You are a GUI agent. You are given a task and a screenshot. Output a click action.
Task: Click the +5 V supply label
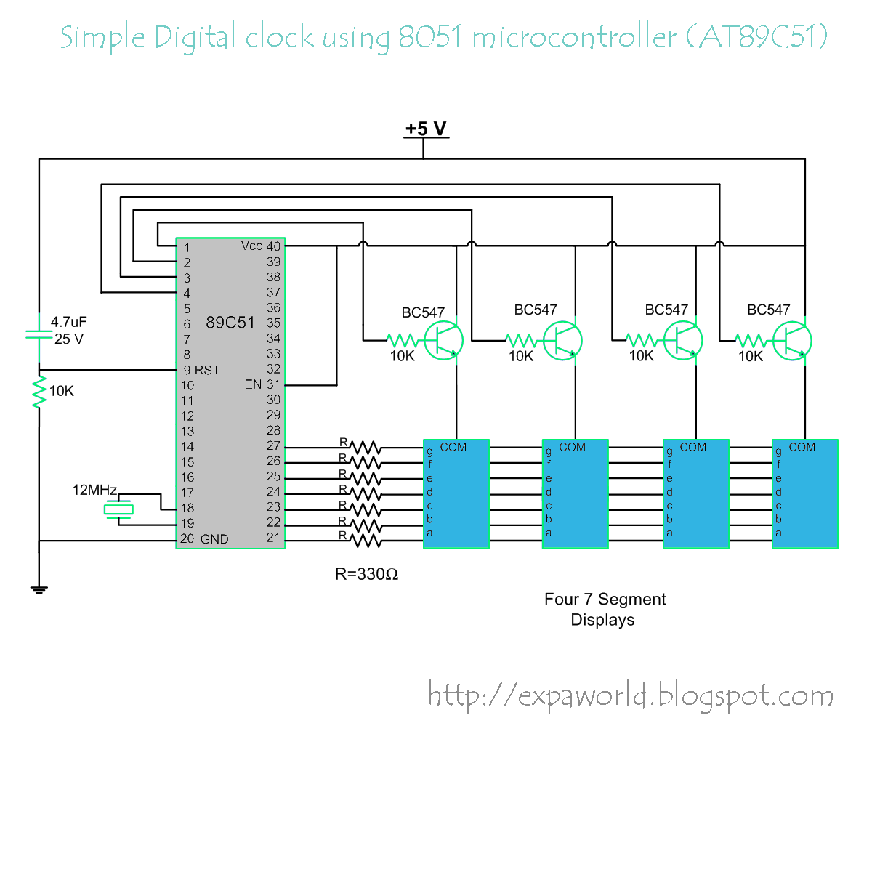pyautogui.click(x=426, y=129)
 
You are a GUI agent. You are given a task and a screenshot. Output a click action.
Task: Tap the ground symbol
pyautogui.click(x=39, y=589)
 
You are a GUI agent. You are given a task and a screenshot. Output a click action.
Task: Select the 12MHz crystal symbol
pyautogui.click(x=118, y=509)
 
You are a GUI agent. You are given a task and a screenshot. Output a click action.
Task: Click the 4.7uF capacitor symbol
pyautogui.click(x=39, y=334)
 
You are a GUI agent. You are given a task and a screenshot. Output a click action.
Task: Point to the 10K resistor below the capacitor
pyautogui.click(x=39, y=392)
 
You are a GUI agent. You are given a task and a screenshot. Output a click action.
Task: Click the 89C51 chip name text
pyautogui.click(x=230, y=322)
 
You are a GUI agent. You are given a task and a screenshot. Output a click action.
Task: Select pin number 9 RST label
pyautogui.click(x=201, y=370)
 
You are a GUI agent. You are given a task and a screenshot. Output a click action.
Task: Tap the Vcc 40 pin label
pyautogui.click(x=261, y=246)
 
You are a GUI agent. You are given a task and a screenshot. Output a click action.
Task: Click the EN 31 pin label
pyautogui.click(x=262, y=384)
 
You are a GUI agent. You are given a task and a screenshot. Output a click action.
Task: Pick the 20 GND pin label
pyautogui.click(x=204, y=538)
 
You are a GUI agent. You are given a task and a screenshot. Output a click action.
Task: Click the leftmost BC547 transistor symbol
pyautogui.click(x=443, y=341)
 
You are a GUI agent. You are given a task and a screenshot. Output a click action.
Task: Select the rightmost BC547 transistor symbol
pyautogui.click(x=792, y=341)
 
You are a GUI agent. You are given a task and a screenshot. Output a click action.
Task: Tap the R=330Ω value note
pyautogui.click(x=366, y=574)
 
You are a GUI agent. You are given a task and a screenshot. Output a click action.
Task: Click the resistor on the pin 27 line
pyautogui.click(x=366, y=448)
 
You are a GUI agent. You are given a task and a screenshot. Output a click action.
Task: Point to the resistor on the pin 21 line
pyautogui.click(x=366, y=541)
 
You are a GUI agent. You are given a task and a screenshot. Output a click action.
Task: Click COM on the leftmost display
pyautogui.click(x=453, y=447)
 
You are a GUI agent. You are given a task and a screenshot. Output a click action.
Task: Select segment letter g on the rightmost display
pyautogui.click(x=778, y=451)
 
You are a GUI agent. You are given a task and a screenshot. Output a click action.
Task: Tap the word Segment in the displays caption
pyautogui.click(x=631, y=599)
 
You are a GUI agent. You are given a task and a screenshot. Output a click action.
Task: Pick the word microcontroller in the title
pyautogui.click(x=575, y=36)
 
